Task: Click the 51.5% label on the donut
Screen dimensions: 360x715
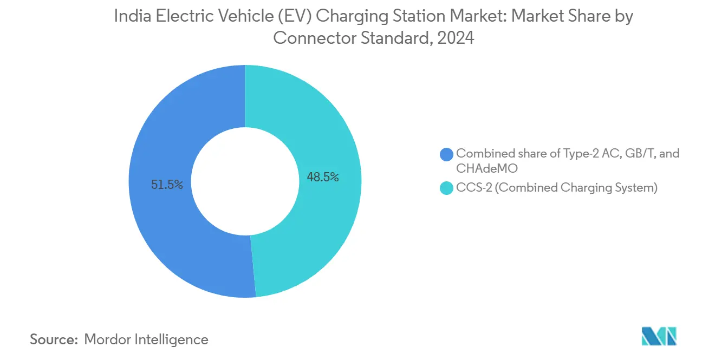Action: (x=167, y=185)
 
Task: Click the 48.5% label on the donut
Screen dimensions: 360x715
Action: (x=323, y=177)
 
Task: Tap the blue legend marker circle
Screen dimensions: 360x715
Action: (x=447, y=154)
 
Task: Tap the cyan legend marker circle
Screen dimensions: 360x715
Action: (x=447, y=189)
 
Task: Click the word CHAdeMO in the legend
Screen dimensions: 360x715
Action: (x=486, y=168)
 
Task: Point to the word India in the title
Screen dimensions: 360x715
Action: (x=129, y=17)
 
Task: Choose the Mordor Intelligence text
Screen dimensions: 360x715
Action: (x=146, y=339)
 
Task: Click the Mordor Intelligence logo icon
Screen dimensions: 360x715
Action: (x=659, y=337)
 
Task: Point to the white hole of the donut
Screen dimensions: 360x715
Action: (x=245, y=181)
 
